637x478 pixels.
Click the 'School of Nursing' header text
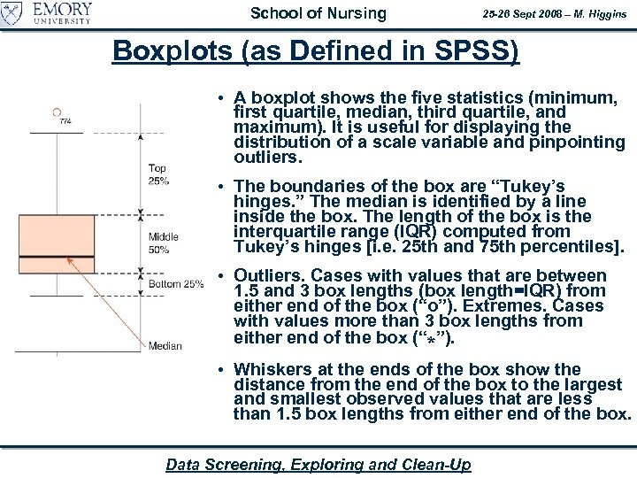point(318,13)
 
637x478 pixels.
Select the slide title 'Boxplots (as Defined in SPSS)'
point(316,51)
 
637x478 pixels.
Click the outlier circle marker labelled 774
point(57,112)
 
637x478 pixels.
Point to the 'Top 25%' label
point(157,174)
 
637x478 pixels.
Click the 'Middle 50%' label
point(163,243)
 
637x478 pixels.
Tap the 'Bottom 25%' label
point(175,284)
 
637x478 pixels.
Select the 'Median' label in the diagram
point(165,345)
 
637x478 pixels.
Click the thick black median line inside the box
point(57,258)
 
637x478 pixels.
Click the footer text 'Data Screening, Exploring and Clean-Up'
point(318,465)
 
